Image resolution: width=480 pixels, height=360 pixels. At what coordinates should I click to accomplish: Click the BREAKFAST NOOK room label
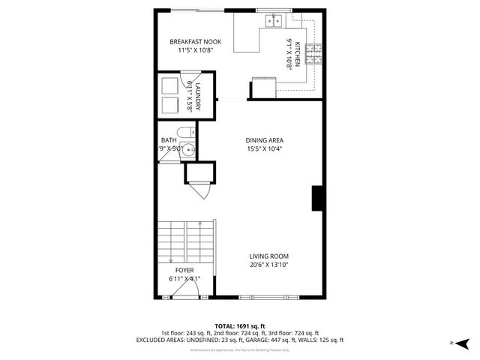click(196, 41)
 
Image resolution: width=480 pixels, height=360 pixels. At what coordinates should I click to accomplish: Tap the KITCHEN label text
click(298, 54)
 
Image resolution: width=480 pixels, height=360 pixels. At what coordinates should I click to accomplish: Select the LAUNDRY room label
click(198, 97)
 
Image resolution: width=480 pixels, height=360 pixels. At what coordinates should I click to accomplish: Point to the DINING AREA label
click(264, 139)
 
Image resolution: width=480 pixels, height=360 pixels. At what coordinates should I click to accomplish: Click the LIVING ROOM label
click(269, 256)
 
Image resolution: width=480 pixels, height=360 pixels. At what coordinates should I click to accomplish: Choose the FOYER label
click(184, 270)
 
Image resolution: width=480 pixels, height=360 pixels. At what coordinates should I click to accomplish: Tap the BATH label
click(169, 139)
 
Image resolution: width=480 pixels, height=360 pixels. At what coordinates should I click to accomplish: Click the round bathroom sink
click(192, 150)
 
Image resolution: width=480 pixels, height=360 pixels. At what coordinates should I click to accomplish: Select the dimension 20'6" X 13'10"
click(269, 265)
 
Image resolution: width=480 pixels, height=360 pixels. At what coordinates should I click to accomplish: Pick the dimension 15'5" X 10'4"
click(264, 148)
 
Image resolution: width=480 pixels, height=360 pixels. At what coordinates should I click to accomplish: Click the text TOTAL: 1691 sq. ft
click(240, 325)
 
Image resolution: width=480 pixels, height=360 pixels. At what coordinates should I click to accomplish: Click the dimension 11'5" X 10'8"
click(196, 50)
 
